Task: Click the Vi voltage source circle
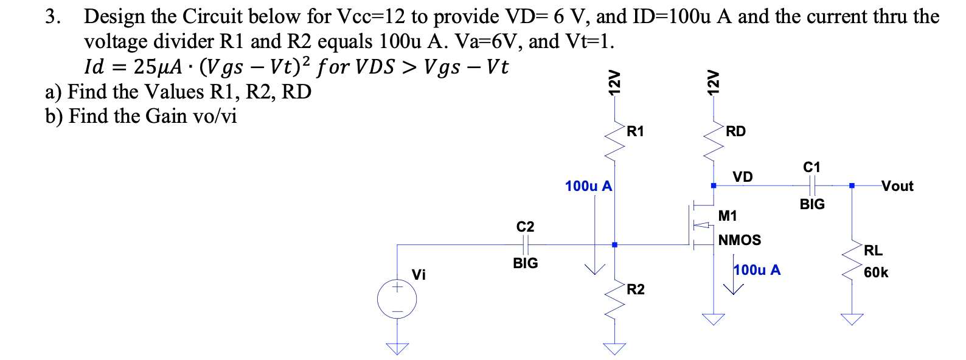point(397,299)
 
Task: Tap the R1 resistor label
point(635,131)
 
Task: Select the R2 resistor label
point(635,289)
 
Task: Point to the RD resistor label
point(735,131)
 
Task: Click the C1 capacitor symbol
point(811,185)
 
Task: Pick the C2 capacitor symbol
point(525,244)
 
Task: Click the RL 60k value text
point(876,272)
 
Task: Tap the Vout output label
point(897,186)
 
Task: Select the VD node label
point(742,177)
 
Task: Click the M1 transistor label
point(728,216)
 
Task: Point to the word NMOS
point(740,240)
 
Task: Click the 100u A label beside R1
point(588,186)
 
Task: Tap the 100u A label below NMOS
point(757,270)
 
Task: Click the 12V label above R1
point(615,82)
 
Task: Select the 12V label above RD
point(712,82)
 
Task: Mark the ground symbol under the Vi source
point(397,348)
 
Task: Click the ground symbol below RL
point(852,319)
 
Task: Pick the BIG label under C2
point(525,263)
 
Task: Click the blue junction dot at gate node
point(614,244)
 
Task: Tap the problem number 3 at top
point(52,16)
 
